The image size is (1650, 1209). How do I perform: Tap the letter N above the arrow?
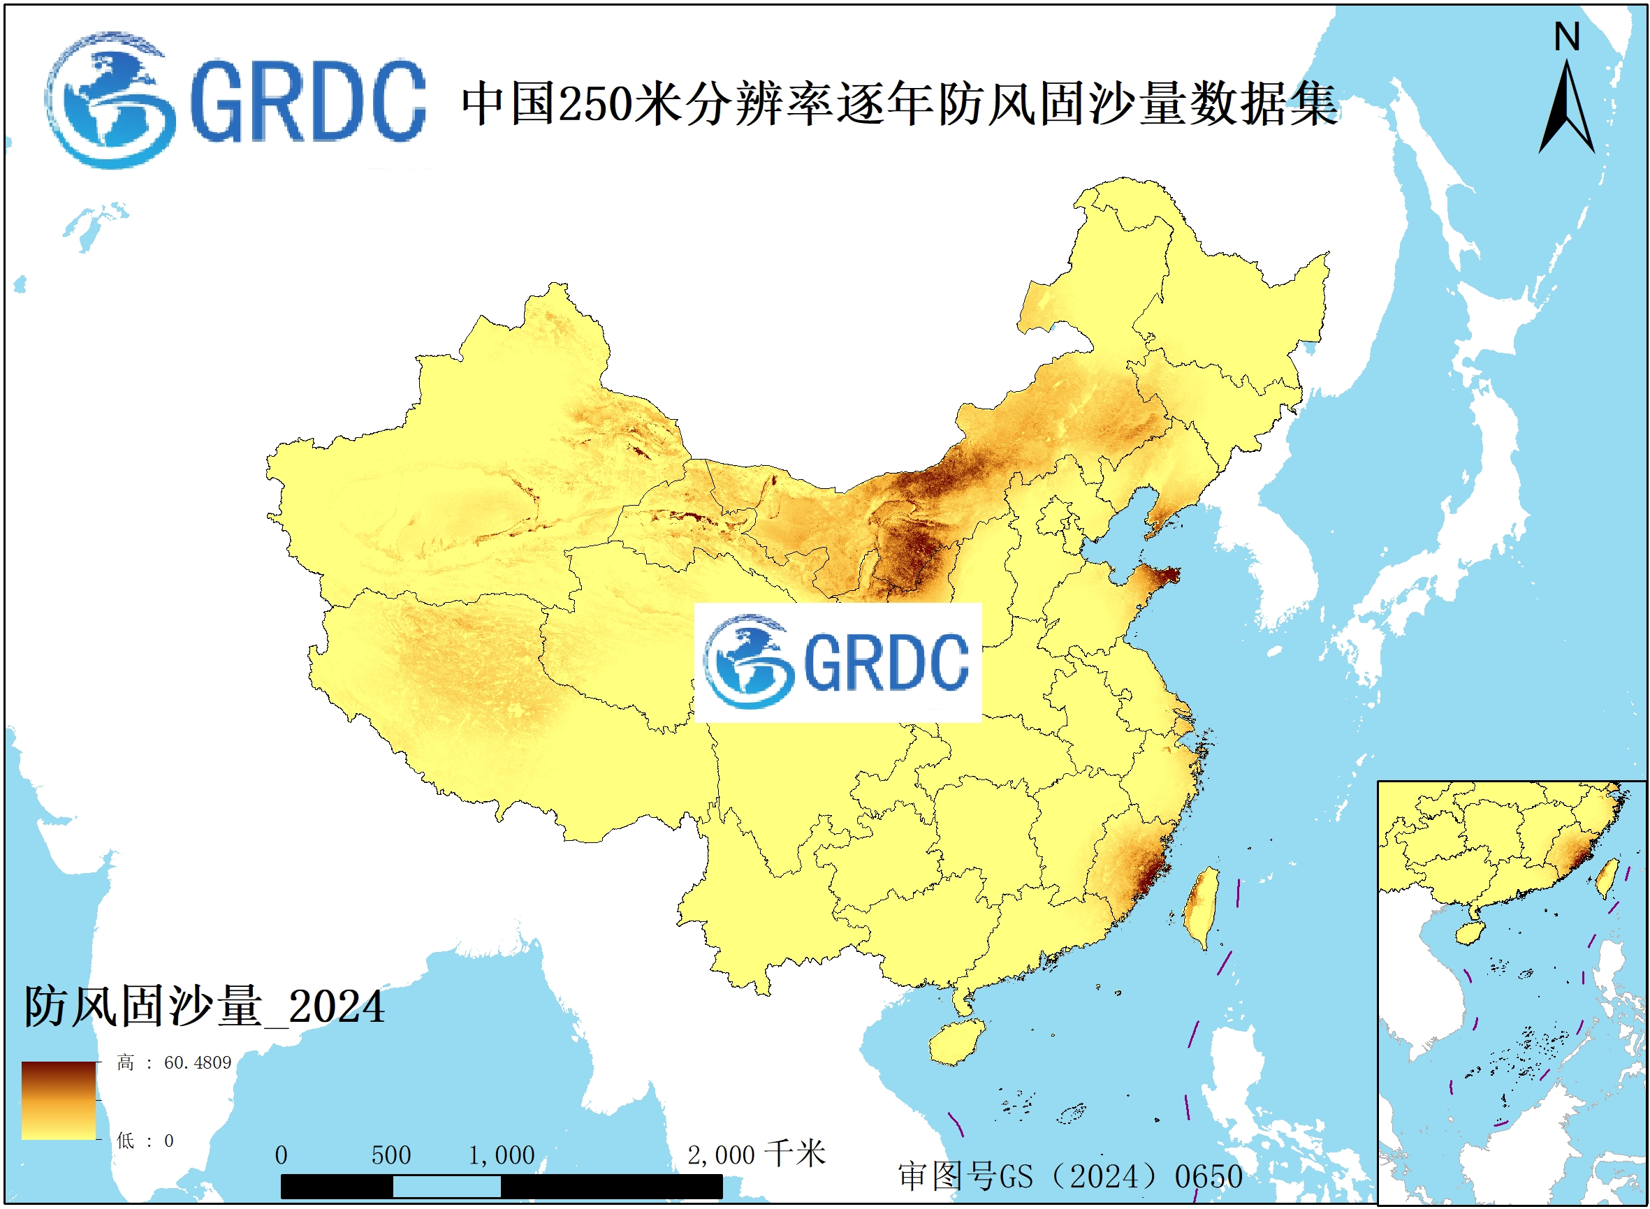[1567, 36]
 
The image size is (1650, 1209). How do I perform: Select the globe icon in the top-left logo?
[110, 101]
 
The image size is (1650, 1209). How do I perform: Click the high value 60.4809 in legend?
[197, 1062]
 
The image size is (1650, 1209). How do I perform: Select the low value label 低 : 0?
[145, 1141]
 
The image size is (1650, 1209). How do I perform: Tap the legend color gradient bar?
[59, 1101]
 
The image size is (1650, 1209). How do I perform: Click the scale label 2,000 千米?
[755, 1155]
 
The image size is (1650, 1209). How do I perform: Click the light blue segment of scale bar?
[446, 1187]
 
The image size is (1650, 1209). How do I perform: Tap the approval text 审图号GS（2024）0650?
[1069, 1177]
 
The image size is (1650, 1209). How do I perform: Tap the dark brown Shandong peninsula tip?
[1165, 575]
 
